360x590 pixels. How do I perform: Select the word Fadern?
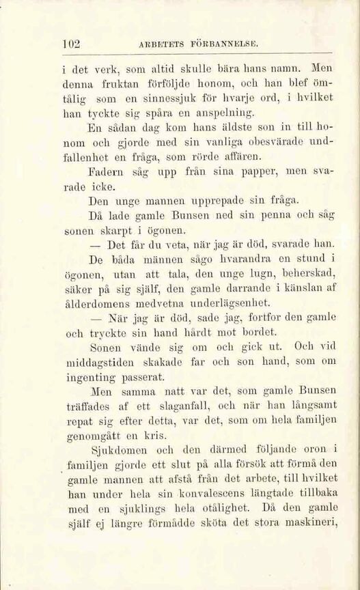click(105, 187)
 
